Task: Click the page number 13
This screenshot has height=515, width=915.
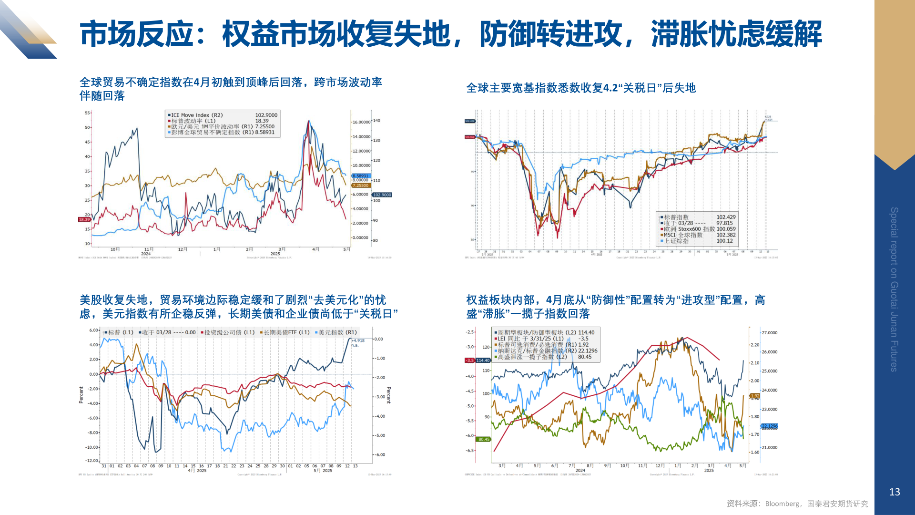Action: coord(895,492)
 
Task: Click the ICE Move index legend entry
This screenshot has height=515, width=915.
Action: coord(197,115)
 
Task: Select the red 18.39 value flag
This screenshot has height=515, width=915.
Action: coord(84,219)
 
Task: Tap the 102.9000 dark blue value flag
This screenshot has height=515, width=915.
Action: coord(382,195)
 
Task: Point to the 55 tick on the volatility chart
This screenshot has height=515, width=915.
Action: coord(88,113)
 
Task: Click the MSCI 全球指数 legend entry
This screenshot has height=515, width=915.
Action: coord(683,235)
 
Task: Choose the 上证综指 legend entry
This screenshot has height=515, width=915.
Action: coord(676,241)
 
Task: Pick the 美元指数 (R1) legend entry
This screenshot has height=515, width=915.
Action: coord(337,332)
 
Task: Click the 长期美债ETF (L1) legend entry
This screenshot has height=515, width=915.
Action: coord(286,332)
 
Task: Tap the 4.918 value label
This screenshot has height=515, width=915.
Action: coord(358,340)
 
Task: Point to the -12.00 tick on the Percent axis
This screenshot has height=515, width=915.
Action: coord(91,461)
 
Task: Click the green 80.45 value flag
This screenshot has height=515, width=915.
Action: coord(484,439)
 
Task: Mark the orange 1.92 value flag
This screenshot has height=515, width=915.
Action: coord(755,396)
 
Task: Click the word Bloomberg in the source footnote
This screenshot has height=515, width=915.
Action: coord(782,504)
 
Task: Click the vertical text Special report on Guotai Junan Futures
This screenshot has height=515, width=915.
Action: coord(894,289)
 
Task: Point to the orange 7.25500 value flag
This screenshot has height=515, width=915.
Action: coord(360,185)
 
